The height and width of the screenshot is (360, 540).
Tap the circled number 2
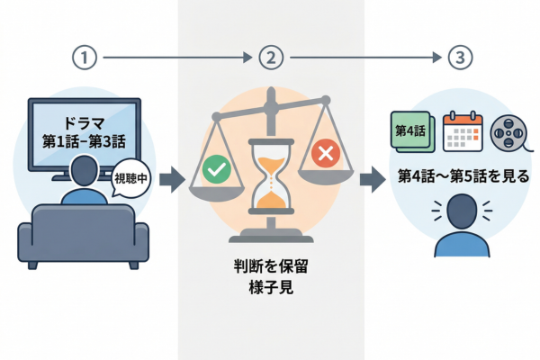pyautogui.click(x=271, y=58)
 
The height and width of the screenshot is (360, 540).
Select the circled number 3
pyautogui.click(x=458, y=58)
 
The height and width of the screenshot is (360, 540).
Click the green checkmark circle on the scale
pyautogui.click(x=214, y=167)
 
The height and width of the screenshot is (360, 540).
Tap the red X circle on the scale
pyautogui.click(x=324, y=155)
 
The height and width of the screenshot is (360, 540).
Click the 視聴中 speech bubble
pyautogui.click(x=127, y=177)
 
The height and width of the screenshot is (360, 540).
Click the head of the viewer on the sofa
pyautogui.click(x=83, y=170)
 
